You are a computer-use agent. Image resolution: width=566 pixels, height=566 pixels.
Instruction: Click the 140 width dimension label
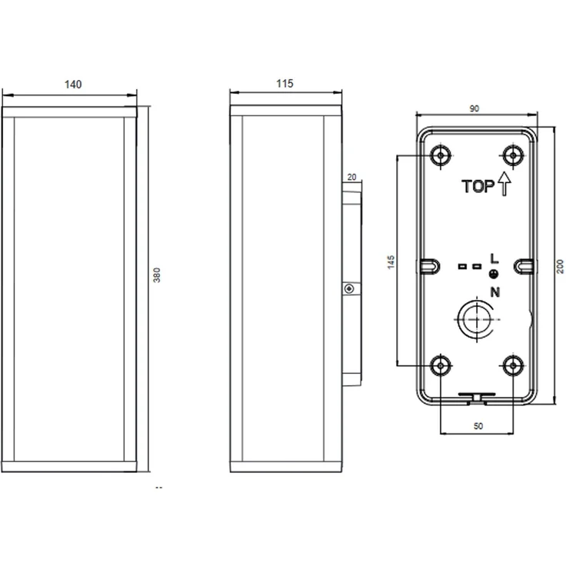click(x=73, y=85)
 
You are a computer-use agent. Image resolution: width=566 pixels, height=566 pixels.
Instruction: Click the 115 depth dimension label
click(x=285, y=84)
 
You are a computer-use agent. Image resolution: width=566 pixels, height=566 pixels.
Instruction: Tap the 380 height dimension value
click(x=157, y=275)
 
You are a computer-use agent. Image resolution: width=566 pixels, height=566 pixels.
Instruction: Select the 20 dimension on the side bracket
click(x=351, y=177)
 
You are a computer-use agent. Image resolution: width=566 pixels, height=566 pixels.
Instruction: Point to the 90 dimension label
click(x=474, y=108)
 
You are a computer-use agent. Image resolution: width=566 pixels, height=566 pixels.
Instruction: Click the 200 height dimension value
click(x=560, y=266)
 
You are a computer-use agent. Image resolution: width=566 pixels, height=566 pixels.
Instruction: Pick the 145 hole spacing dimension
click(x=391, y=262)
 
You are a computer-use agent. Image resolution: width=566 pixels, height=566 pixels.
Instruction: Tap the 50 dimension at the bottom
click(x=478, y=426)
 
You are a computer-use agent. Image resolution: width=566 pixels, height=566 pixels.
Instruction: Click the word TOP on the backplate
click(x=478, y=186)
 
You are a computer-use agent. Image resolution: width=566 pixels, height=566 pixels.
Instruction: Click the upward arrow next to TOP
click(x=504, y=184)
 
